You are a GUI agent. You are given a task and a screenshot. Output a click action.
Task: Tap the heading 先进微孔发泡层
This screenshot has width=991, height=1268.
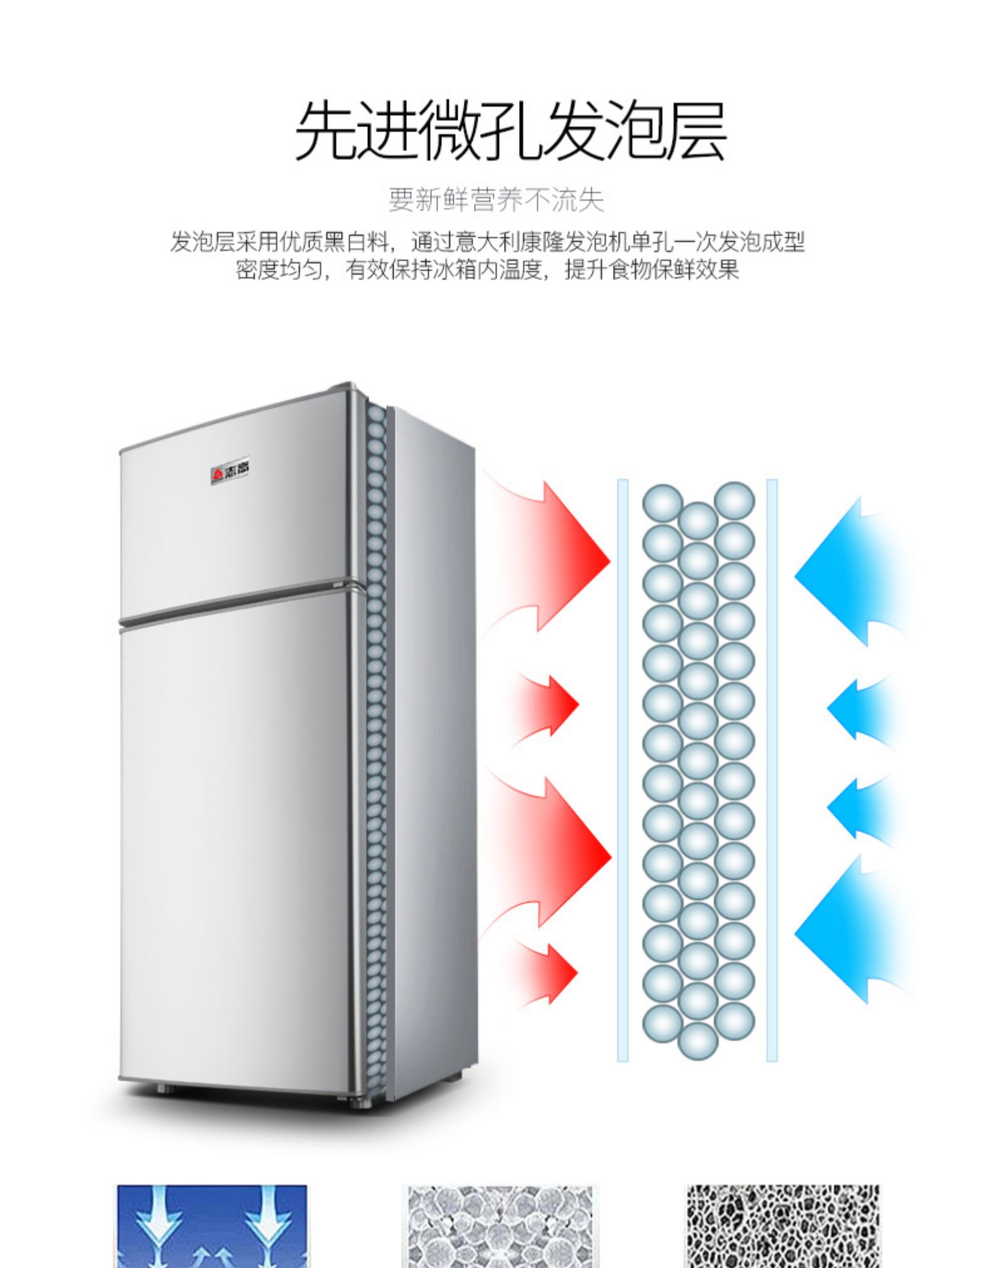click(510, 131)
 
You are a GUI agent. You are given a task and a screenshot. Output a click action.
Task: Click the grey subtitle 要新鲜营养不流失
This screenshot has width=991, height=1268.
click(496, 199)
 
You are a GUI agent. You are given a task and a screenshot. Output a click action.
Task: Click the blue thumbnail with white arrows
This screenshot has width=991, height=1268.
click(212, 1226)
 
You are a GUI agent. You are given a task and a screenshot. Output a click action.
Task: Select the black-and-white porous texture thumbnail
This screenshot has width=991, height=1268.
click(783, 1226)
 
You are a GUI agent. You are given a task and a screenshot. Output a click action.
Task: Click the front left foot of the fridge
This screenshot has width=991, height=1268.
click(162, 1089)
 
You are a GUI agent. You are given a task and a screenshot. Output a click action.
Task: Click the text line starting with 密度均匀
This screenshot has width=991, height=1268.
click(488, 270)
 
